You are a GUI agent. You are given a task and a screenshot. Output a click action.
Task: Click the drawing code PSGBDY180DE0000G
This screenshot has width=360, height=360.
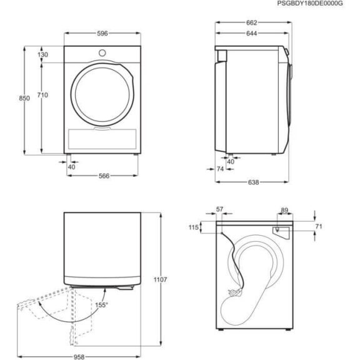(x=318, y=4)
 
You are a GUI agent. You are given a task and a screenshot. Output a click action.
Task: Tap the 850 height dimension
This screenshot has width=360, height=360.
(x=26, y=99)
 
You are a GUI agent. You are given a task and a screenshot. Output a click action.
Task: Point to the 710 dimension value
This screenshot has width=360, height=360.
(x=42, y=95)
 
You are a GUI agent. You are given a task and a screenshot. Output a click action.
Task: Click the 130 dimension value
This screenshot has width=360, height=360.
(x=42, y=55)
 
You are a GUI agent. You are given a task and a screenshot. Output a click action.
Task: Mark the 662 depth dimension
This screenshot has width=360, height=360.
(x=252, y=22)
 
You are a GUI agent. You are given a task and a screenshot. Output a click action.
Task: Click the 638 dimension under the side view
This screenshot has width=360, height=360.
(x=252, y=182)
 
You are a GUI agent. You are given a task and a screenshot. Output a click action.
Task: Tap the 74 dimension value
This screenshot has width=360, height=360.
(x=221, y=169)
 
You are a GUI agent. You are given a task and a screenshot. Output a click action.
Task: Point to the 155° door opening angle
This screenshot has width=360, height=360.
(x=102, y=304)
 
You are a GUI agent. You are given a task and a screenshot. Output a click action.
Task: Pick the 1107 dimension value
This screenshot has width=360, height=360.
(x=159, y=280)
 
